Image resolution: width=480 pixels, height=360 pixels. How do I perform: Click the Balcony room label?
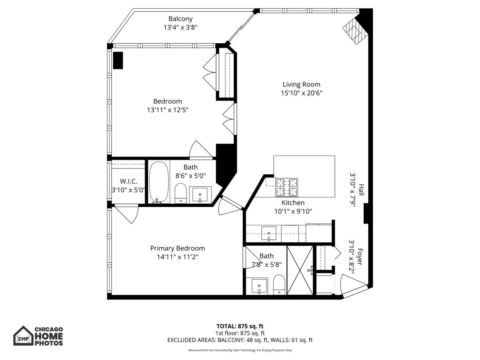click(x=180, y=19)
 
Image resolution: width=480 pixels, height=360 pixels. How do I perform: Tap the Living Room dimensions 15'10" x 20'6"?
click(x=301, y=93)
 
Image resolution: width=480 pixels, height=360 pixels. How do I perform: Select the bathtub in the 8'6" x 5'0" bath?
click(x=159, y=182)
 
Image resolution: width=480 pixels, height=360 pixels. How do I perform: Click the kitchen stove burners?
click(x=287, y=186)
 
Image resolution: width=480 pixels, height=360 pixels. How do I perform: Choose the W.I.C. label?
click(x=128, y=181)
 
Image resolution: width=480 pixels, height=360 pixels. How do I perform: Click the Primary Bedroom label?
click(x=177, y=248)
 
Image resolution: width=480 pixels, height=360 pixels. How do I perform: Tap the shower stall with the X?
click(x=300, y=270)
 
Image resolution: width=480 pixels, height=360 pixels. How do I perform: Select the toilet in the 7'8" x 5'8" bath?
click(x=279, y=284)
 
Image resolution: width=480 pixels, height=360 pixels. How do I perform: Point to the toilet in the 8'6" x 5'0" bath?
click(x=180, y=194)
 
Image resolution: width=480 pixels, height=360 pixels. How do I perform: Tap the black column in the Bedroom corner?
click(x=118, y=60)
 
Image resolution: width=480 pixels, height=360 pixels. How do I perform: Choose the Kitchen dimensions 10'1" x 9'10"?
click(x=293, y=211)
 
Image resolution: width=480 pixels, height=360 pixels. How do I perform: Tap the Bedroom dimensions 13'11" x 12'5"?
click(x=167, y=110)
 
